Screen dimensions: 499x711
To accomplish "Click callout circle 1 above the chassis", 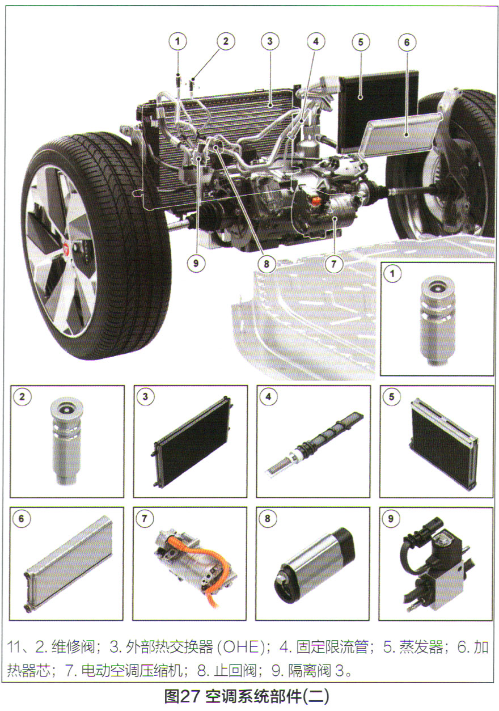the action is click(177, 41).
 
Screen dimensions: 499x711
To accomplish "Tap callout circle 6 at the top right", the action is click(407, 42).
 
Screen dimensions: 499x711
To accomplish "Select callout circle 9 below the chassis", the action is click(196, 263).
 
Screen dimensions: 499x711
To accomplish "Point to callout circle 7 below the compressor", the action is click(333, 264).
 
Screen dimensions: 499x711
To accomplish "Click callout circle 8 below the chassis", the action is click(267, 263).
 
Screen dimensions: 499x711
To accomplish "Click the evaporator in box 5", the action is click(443, 443).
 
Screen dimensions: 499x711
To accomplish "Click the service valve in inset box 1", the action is click(437, 319).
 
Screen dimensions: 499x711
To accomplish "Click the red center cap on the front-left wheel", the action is click(67, 248).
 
